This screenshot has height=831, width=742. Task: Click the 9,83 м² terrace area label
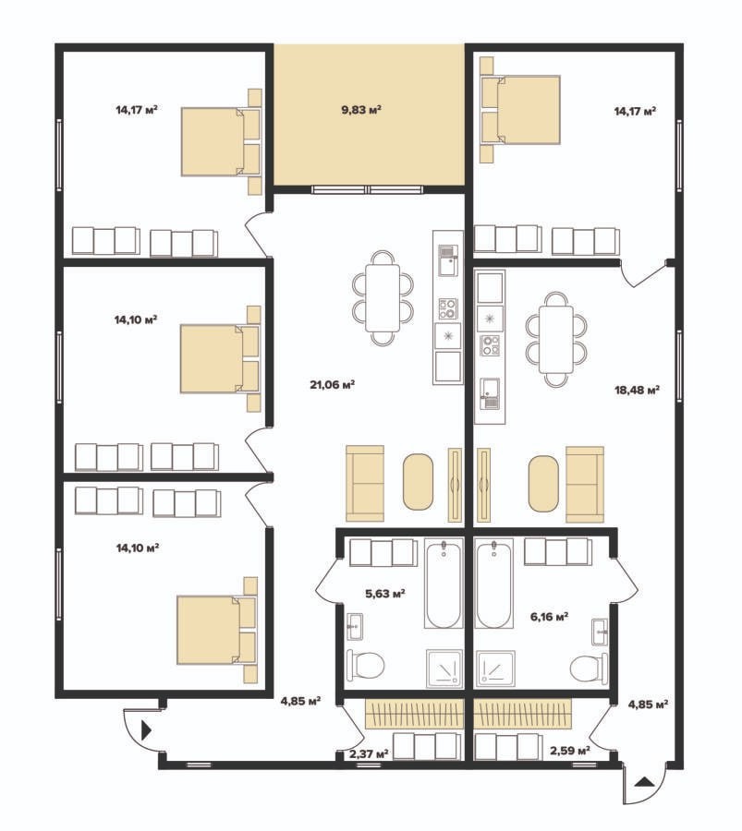coord(361,110)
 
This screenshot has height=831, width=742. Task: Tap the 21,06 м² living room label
coord(332,385)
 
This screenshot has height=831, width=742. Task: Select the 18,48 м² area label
coord(637,391)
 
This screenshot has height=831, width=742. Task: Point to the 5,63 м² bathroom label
coord(385,594)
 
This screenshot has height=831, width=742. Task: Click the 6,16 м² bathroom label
coord(550,617)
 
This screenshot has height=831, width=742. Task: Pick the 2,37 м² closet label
coord(369,753)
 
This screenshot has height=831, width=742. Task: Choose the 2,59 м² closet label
coord(570,751)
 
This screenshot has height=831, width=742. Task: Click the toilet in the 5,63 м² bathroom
coord(365,665)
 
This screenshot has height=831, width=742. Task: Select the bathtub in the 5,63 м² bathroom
coord(443,584)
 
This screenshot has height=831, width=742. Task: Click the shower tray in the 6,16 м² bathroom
coord(495,669)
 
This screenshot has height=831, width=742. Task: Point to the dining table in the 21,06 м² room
coord(383,298)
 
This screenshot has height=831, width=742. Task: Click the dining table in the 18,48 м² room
coord(556,339)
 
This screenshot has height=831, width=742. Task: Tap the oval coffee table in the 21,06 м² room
coord(418,482)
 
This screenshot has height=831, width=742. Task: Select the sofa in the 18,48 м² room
coord(585,485)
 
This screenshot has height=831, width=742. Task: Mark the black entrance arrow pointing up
coord(644,780)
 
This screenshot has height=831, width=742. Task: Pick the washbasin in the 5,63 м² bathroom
coord(355,628)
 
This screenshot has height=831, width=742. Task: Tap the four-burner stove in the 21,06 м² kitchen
coord(447,309)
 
